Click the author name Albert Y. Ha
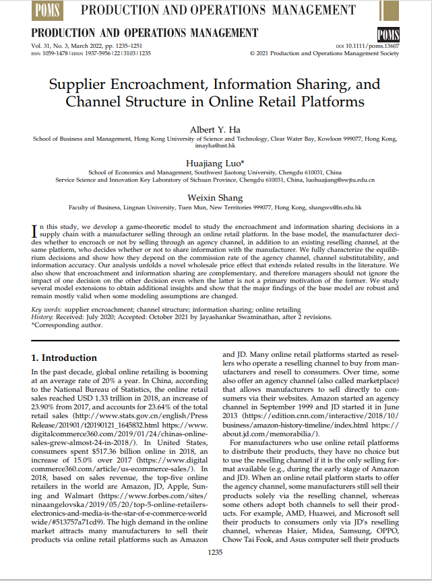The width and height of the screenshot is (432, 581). pyautogui.click(x=216, y=129)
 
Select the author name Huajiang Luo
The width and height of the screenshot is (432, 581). pyautogui.click(x=216, y=163)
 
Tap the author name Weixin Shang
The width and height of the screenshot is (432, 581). pyautogui.click(x=216, y=197)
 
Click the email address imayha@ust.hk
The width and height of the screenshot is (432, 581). pyautogui.click(x=216, y=145)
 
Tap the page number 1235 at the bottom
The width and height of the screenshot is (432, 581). pyautogui.click(x=216, y=552)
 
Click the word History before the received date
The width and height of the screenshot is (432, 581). pyautogui.click(x=44, y=317)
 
